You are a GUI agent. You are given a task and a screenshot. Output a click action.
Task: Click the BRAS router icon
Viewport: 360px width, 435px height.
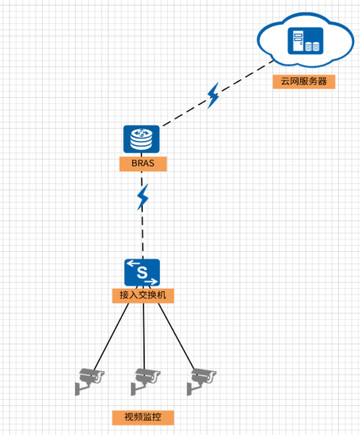point(141,139)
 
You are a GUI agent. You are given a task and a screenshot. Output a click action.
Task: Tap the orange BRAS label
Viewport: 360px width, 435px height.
point(143,164)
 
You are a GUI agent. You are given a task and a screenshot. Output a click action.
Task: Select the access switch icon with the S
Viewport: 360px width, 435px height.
point(142,272)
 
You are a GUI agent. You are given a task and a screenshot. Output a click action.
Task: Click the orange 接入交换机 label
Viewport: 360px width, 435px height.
point(143,296)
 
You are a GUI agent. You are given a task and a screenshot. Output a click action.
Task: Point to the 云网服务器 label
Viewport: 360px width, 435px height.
point(304,82)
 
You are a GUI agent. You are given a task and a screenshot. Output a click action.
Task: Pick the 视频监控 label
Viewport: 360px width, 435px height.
point(143,417)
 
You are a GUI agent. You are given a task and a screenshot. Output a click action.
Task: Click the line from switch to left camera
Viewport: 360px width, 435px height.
point(111,336)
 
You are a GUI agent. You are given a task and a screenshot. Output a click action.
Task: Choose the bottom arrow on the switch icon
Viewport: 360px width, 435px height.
point(152,281)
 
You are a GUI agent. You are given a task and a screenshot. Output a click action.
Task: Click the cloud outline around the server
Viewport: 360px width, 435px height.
point(266,33)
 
